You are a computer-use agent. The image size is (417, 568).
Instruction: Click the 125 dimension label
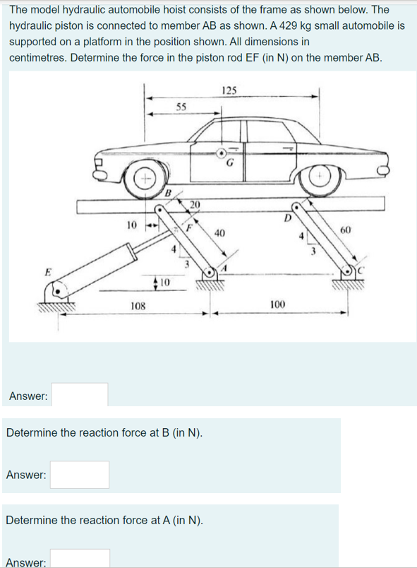[x=229, y=90]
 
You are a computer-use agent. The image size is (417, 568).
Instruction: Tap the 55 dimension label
[x=181, y=107]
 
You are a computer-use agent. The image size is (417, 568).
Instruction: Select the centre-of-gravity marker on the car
[x=222, y=153]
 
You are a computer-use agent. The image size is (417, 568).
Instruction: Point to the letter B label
[x=168, y=192]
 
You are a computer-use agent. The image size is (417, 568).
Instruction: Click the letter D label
[x=287, y=218]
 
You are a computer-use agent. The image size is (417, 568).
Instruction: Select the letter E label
[x=48, y=271]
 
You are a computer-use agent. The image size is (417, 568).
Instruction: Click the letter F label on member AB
[x=189, y=228]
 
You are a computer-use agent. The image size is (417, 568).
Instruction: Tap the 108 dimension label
[x=138, y=306]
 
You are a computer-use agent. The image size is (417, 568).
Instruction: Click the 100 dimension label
[x=277, y=304]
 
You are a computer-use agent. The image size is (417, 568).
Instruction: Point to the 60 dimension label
[x=346, y=230]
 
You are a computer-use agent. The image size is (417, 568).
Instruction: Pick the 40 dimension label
[x=219, y=233]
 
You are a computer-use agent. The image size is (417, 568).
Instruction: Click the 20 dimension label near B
[x=195, y=205]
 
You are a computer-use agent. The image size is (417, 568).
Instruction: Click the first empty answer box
[x=80, y=394]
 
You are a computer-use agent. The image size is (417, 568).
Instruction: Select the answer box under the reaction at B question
[x=80, y=475]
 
